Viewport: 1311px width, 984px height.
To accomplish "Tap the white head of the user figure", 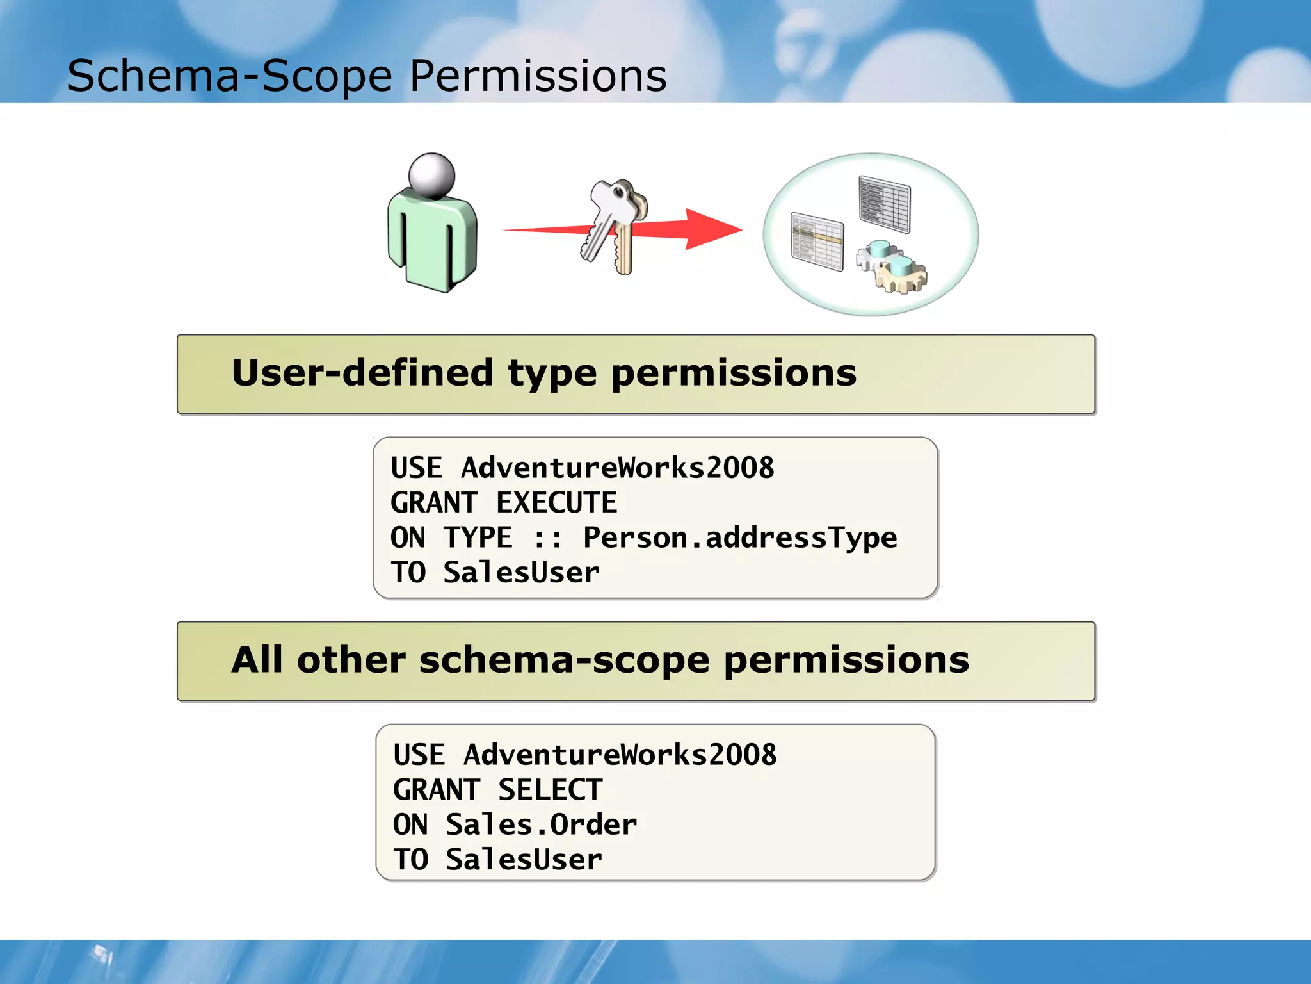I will [431, 175].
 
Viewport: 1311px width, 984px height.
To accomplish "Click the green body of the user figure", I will [433, 240].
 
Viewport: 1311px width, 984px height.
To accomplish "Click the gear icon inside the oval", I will [893, 268].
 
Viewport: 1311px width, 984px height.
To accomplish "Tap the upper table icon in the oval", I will [884, 204].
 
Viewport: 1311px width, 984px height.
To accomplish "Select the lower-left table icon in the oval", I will [817, 242].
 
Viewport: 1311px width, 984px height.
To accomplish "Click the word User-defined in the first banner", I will [362, 373].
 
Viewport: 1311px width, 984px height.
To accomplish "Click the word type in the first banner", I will [552, 374].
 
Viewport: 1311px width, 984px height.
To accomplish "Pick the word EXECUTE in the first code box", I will [556, 503].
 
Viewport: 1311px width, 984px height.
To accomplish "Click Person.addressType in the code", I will [739, 537].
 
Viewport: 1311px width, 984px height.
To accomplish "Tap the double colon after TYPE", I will [548, 538].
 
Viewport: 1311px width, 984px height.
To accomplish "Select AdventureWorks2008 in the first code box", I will [617, 468].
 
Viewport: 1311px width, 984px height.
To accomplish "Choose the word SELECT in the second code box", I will [550, 790].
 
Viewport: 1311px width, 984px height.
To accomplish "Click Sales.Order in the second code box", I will [541, 824].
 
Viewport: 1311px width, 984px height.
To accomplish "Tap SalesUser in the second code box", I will [524, 860].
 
